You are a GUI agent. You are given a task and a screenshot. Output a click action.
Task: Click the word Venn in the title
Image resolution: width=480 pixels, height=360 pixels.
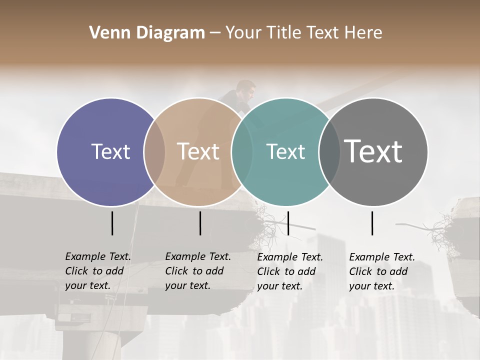[x=106, y=33]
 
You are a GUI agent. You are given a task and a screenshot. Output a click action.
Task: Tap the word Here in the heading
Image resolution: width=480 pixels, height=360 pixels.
[x=363, y=33]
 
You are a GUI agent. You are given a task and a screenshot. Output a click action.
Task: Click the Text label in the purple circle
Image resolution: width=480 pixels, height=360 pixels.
[x=110, y=151]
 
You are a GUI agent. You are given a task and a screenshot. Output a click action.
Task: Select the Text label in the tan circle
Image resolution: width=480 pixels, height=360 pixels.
[x=198, y=151]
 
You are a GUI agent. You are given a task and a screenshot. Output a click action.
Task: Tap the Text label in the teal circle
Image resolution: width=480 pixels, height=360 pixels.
[x=285, y=151]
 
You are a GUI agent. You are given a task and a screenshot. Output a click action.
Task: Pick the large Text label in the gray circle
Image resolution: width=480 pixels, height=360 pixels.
[x=373, y=151]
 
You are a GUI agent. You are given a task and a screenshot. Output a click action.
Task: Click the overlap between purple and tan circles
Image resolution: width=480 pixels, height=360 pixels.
[x=154, y=151]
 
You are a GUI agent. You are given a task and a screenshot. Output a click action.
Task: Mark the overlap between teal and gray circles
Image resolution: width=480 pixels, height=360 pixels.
[x=329, y=151]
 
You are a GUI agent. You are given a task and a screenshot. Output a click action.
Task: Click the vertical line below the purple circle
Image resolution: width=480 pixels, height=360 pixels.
[x=112, y=223]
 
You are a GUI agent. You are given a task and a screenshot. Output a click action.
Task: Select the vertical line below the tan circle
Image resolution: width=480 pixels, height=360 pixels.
[x=200, y=223]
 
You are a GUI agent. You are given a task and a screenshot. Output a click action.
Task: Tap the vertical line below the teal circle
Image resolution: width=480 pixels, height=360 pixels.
[x=288, y=223]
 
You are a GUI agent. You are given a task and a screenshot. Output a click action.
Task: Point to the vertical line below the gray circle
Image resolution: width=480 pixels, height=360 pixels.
[x=372, y=223]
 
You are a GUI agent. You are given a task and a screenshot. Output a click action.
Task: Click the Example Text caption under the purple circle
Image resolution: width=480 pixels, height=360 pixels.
[x=98, y=271]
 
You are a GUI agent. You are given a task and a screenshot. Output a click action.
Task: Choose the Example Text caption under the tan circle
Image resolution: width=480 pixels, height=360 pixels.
[x=198, y=271]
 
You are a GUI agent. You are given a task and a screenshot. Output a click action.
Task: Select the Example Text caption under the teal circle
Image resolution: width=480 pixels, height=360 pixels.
[x=290, y=271]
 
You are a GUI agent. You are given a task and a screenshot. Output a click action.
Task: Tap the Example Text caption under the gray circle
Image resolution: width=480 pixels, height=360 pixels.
[x=382, y=271]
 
